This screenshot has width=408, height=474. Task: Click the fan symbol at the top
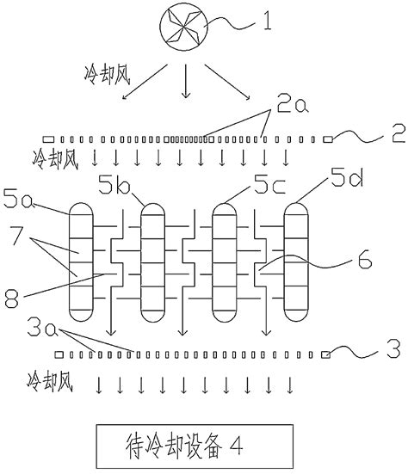[184, 27]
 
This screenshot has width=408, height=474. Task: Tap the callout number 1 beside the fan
[267, 22]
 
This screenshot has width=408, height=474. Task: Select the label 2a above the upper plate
[293, 105]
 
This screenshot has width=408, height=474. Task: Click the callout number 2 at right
[398, 133]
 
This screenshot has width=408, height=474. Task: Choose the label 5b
[114, 184]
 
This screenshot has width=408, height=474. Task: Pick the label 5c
[269, 184]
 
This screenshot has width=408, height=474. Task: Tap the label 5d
[347, 177]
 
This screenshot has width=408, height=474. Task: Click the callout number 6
[365, 260]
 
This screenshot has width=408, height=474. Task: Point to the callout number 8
[11, 299]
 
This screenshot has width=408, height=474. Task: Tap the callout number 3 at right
[393, 348]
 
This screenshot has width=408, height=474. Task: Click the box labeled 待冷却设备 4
[195, 446]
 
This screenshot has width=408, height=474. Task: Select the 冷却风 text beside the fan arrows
[107, 75]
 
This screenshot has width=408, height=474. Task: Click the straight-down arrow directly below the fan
[185, 81]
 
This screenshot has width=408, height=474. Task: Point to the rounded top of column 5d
[296, 208]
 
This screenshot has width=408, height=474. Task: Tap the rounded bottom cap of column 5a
[81, 316]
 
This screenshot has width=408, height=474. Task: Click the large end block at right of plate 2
[328, 139]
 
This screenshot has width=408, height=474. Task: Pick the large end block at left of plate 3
[59, 354]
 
